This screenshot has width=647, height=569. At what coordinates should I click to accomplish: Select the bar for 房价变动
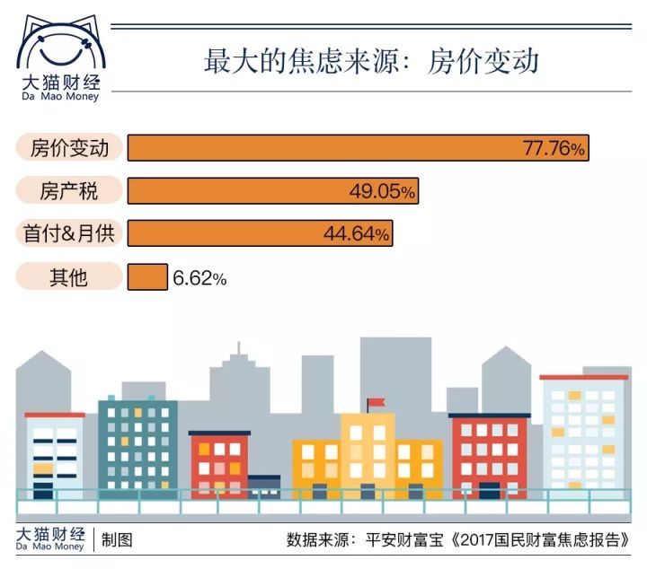pos(323,148)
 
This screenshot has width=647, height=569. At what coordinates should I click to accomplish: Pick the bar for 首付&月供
pos(225,233)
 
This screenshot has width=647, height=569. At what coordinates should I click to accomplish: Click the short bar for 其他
pos(147,277)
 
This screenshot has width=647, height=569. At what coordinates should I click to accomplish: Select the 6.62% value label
pos(199,278)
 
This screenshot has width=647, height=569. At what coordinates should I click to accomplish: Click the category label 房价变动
pos(69,148)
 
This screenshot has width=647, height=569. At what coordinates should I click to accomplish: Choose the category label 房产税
pos(69,191)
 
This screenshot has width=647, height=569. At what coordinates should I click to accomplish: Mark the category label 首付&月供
pos(69,234)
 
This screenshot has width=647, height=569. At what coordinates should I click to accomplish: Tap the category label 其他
pos(69,277)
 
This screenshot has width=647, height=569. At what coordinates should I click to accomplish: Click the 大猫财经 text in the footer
pos(52,534)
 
